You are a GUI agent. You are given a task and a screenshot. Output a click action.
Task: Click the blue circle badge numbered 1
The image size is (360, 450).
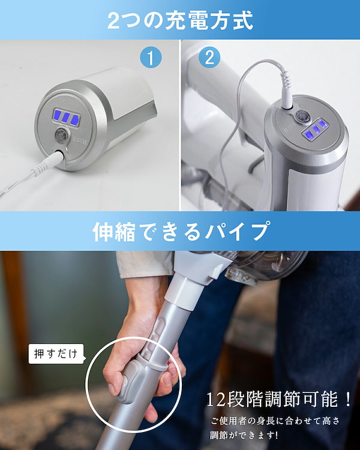point(151,58)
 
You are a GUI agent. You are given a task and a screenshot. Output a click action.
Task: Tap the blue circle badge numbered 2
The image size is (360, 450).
point(209,58)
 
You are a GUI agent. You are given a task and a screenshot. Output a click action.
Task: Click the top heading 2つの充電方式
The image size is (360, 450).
point(180,20)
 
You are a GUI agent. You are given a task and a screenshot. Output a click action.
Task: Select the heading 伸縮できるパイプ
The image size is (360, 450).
point(180,231)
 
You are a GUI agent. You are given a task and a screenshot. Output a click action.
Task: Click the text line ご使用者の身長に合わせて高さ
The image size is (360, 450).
point(279,418)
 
